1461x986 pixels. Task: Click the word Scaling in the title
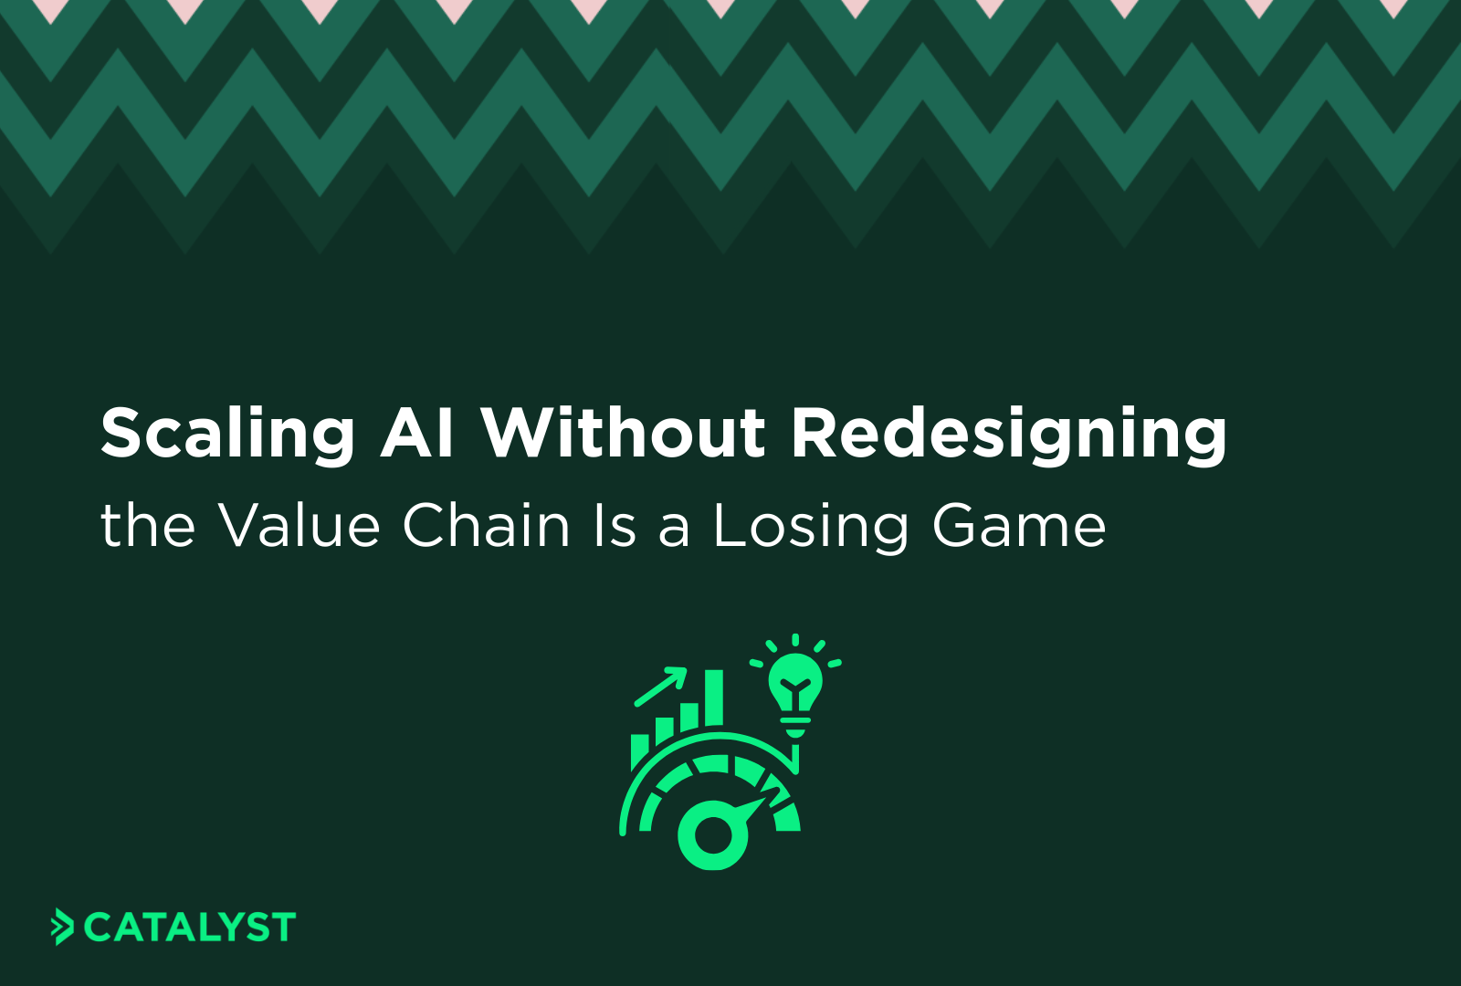pos(227,434)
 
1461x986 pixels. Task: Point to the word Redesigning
pos(1009,434)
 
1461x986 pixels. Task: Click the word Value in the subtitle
pos(299,526)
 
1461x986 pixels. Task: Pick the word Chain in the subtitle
pos(487,526)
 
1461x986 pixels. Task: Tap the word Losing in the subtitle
pos(810,528)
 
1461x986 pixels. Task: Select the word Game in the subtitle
pos(1019,527)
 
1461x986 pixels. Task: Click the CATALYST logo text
pos(190,928)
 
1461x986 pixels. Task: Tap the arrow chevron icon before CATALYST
pos(62,927)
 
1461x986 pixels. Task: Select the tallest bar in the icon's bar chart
pos(713,699)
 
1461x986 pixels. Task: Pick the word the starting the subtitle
pos(148,526)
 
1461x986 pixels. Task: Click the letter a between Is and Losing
pos(674,530)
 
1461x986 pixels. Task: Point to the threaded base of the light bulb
pos(795,727)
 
